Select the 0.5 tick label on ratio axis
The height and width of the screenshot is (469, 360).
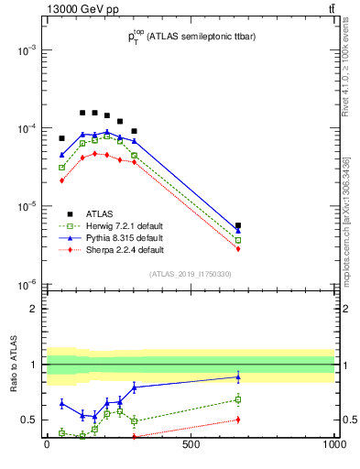click(28, 420)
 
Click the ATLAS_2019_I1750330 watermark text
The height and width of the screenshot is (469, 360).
click(190, 274)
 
